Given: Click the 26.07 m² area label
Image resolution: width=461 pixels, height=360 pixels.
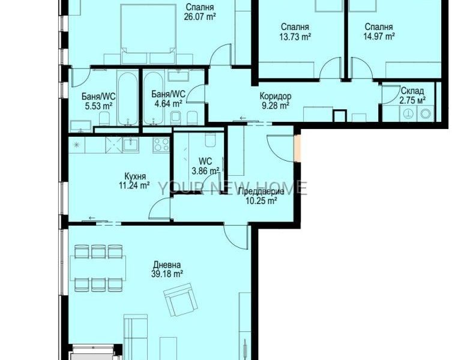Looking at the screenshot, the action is click(x=200, y=16).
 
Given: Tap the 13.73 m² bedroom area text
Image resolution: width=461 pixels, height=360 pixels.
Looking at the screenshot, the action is click(x=295, y=37).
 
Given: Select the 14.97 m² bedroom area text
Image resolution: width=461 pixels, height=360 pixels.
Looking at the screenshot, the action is click(x=379, y=37).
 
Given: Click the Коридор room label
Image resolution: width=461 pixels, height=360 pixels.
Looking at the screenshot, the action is click(x=276, y=96).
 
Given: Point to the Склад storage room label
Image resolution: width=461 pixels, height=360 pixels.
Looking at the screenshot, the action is click(x=412, y=91).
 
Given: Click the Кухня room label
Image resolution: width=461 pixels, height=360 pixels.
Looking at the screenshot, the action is click(x=135, y=176).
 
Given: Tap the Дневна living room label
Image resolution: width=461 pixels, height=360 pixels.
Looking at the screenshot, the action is click(x=167, y=265).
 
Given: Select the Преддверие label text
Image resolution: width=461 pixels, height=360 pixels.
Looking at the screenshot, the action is click(x=261, y=192).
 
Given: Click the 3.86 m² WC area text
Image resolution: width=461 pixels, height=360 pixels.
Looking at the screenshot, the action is click(x=205, y=170).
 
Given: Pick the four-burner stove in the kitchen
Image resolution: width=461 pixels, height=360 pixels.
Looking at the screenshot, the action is click(x=161, y=144).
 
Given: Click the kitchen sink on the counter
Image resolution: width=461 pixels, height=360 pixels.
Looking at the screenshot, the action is click(x=131, y=145).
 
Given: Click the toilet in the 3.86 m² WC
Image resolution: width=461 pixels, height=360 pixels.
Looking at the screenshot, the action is click(x=210, y=140).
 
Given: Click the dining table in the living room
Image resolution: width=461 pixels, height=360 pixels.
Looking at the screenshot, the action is click(x=98, y=268).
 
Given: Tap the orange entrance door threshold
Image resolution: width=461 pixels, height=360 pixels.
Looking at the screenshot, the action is click(x=298, y=148).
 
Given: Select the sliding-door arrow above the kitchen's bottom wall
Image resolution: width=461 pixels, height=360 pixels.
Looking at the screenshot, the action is click(x=92, y=218).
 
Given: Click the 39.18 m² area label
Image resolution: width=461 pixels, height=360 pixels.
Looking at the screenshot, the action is click(x=167, y=274).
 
